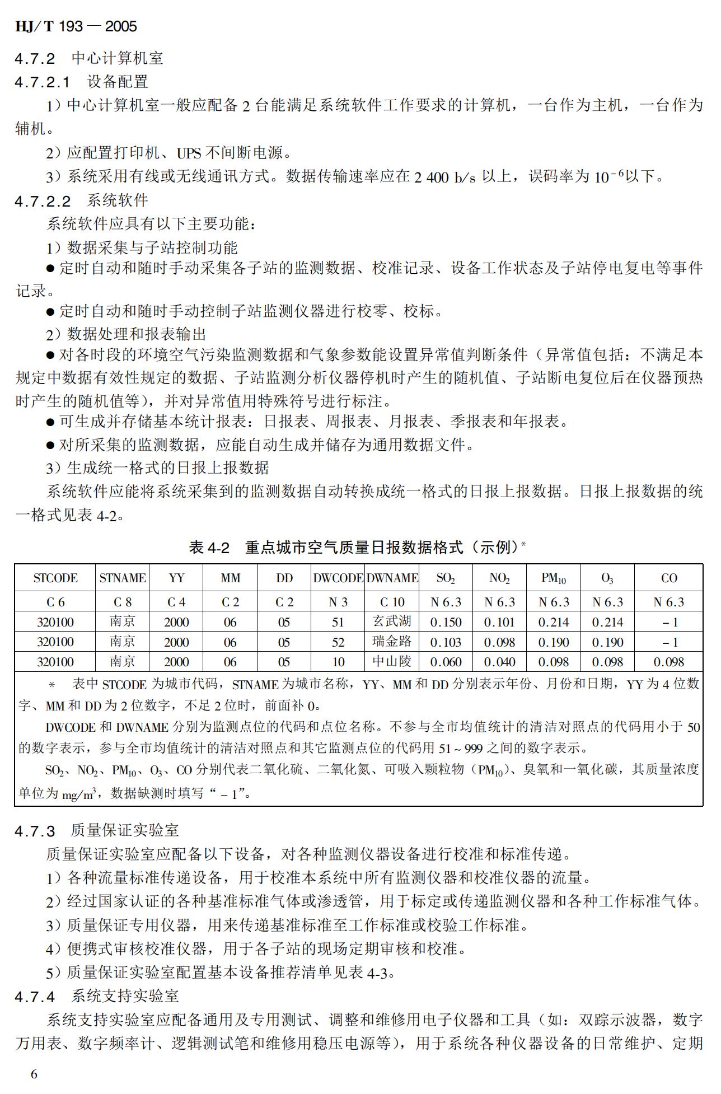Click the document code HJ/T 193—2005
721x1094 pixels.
[76, 26]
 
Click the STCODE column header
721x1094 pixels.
[55, 578]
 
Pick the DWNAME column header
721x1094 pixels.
[392, 578]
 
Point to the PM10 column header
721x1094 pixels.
[553, 578]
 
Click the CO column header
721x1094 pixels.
[669, 578]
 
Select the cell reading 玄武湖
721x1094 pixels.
[392, 621]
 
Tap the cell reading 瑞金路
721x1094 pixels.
[392, 642]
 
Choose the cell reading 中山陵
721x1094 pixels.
[392, 662]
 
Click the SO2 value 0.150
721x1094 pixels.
[446, 622]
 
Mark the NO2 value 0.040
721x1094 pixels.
[499, 662]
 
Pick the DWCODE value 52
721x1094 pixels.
[338, 642]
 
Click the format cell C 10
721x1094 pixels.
[392, 602]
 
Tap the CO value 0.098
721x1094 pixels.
[669, 662]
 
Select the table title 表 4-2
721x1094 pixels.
[209, 548]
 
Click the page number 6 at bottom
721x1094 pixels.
[34, 1074]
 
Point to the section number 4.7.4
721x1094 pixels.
[35, 997]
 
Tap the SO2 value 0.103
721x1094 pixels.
[446, 642]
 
